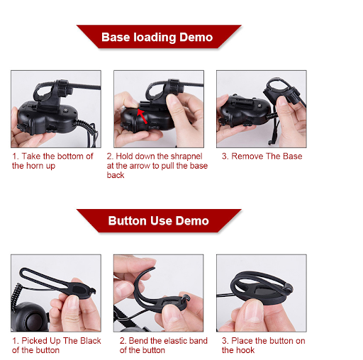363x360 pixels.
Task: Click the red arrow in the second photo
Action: (143, 116)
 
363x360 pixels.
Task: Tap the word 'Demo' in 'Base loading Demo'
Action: (196, 37)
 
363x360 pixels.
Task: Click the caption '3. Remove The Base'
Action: (262, 156)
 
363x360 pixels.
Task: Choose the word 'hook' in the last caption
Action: (246, 350)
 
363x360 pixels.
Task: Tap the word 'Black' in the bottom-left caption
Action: (91, 341)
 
